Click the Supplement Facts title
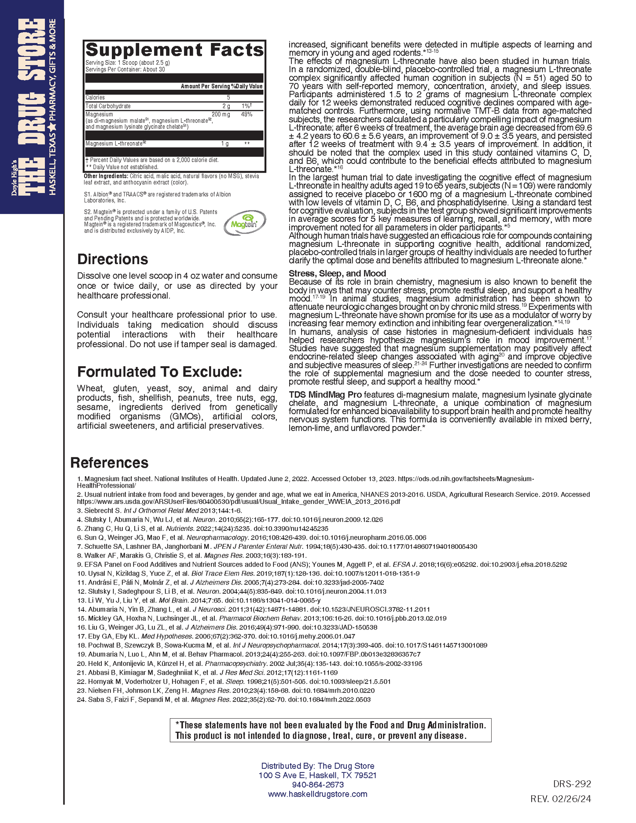point(174,50)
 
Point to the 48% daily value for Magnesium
point(246,114)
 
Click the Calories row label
point(95,98)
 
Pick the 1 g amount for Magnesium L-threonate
point(224,144)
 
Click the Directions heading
point(113,259)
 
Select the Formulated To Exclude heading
point(160,372)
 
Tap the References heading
point(109,463)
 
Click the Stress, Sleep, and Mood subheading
point(337,273)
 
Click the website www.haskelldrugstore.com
point(317,794)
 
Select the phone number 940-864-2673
point(318,784)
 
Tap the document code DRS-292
point(572,784)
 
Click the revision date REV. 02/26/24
point(561,798)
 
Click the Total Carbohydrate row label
point(108,106)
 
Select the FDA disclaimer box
point(330,730)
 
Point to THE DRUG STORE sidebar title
point(33,106)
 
